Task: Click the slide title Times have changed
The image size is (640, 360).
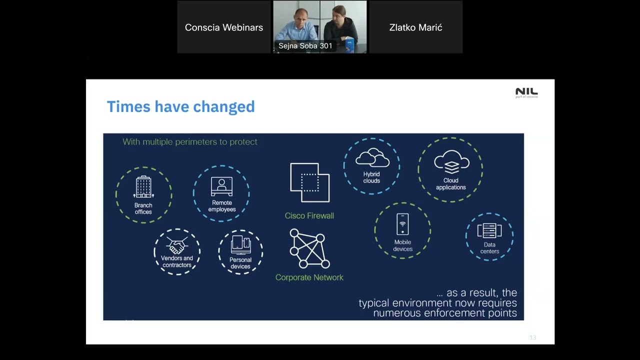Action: (180, 106)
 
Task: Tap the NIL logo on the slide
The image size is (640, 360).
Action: (526, 92)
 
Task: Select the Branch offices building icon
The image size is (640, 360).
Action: (143, 187)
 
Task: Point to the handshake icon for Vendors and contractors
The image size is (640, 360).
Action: (176, 245)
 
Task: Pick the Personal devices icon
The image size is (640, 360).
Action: (240, 245)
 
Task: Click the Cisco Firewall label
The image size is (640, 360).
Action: (309, 215)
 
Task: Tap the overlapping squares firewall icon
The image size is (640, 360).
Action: (309, 182)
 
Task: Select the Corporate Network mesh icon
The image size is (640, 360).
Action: (309, 248)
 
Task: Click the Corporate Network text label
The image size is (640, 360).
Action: (309, 277)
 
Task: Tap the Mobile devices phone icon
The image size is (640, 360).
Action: (402, 224)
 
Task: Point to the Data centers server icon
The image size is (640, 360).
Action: (489, 231)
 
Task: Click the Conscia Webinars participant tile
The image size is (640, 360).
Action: (223, 27)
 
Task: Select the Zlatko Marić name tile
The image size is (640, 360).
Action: (415, 27)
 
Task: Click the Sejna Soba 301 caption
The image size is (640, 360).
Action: (305, 46)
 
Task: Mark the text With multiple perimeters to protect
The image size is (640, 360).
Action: (190, 142)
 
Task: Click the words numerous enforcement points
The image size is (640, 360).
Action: (444, 313)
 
